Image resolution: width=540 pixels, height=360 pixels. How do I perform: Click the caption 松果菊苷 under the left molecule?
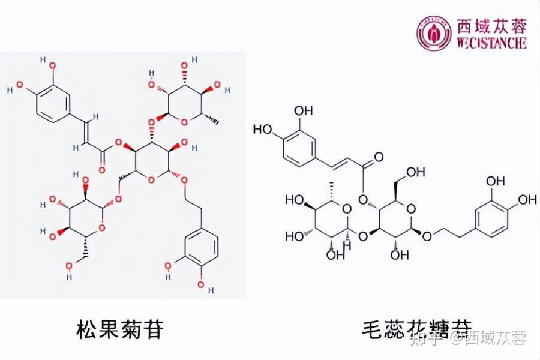pos(120,328)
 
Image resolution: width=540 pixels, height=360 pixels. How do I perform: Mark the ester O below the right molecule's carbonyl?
pos(362,199)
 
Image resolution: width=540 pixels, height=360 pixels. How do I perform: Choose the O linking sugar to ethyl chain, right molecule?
pos(427,236)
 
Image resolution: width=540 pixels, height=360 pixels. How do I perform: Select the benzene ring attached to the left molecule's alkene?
pos(49,103)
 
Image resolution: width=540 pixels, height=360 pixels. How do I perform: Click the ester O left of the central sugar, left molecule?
pos(119,143)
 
